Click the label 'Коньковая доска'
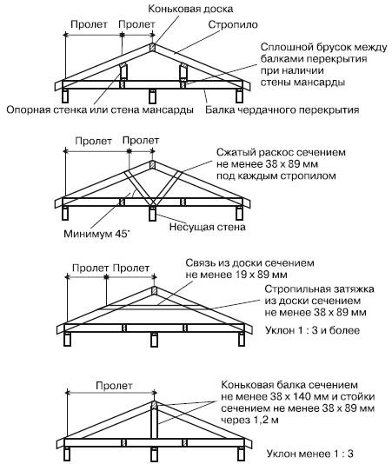pyautogui.click(x=190, y=9)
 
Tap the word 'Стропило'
pyautogui.click(x=233, y=25)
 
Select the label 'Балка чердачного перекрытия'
pyautogui.click(x=282, y=110)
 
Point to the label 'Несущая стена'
pyautogui.click(x=208, y=228)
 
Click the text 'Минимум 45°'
pyautogui.click(x=97, y=234)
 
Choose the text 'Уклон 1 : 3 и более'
pyautogui.click(x=312, y=330)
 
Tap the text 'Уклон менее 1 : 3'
pyautogui.click(x=310, y=454)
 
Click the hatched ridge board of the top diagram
pyautogui.click(x=152, y=47)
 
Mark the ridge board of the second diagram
pyautogui.click(x=152, y=164)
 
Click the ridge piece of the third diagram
pyautogui.click(x=154, y=290)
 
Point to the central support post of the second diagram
pyautogui.click(x=152, y=214)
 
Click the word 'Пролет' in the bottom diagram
pyautogui.click(x=114, y=386)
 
